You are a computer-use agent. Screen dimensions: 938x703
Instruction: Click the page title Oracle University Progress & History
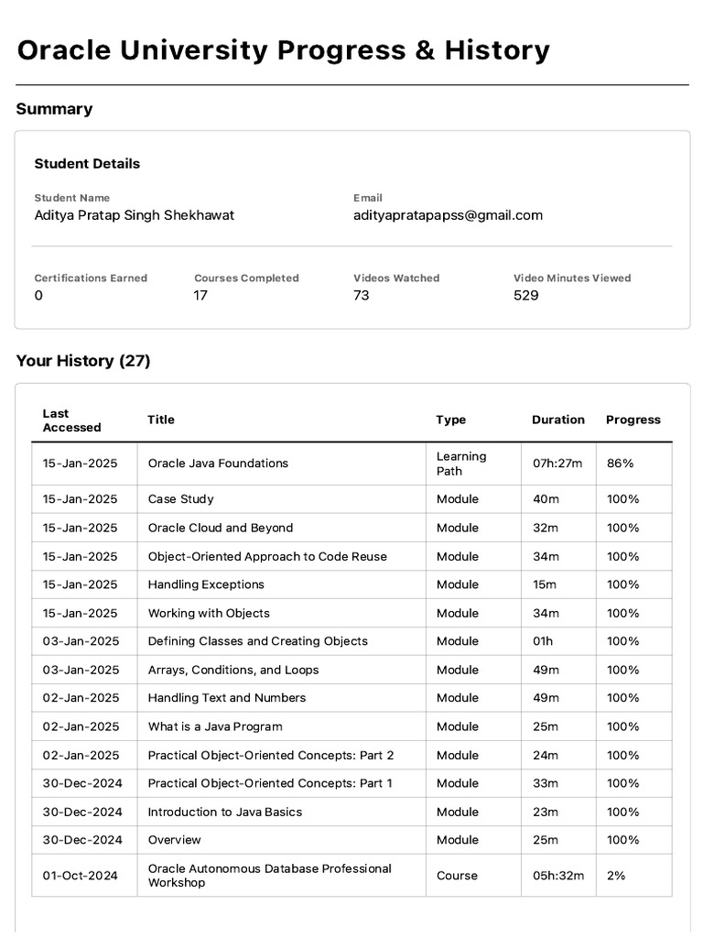click(x=283, y=50)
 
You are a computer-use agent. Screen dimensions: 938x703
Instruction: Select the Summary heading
click(x=54, y=109)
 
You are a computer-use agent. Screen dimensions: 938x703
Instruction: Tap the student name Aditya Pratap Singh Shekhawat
click(x=134, y=215)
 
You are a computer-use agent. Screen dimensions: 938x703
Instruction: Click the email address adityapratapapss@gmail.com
click(x=448, y=215)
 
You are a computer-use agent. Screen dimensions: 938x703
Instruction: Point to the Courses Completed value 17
click(x=200, y=295)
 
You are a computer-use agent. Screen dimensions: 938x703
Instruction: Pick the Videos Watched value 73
click(x=362, y=295)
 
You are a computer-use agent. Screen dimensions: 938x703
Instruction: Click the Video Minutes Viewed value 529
click(x=525, y=295)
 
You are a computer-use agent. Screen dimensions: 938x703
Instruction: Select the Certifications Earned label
click(x=91, y=278)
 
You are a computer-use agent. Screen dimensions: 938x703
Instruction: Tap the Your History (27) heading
click(x=83, y=361)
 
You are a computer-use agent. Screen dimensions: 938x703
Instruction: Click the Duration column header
click(x=557, y=420)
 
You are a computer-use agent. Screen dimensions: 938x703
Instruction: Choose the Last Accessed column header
click(x=71, y=420)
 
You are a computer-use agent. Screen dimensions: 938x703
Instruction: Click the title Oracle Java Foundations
click(x=218, y=464)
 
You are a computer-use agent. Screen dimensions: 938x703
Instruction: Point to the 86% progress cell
click(x=620, y=464)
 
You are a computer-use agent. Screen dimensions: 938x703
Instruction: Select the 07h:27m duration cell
click(x=557, y=464)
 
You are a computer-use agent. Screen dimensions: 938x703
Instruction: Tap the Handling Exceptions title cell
click(x=206, y=584)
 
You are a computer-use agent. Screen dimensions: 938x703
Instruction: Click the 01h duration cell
click(x=543, y=641)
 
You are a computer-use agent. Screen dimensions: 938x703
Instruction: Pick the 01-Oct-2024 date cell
click(x=81, y=876)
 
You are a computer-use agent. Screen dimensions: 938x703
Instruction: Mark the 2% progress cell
click(x=616, y=876)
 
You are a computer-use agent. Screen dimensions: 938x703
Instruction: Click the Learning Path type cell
click(x=461, y=464)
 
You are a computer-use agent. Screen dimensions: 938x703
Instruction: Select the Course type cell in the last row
click(x=457, y=876)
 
